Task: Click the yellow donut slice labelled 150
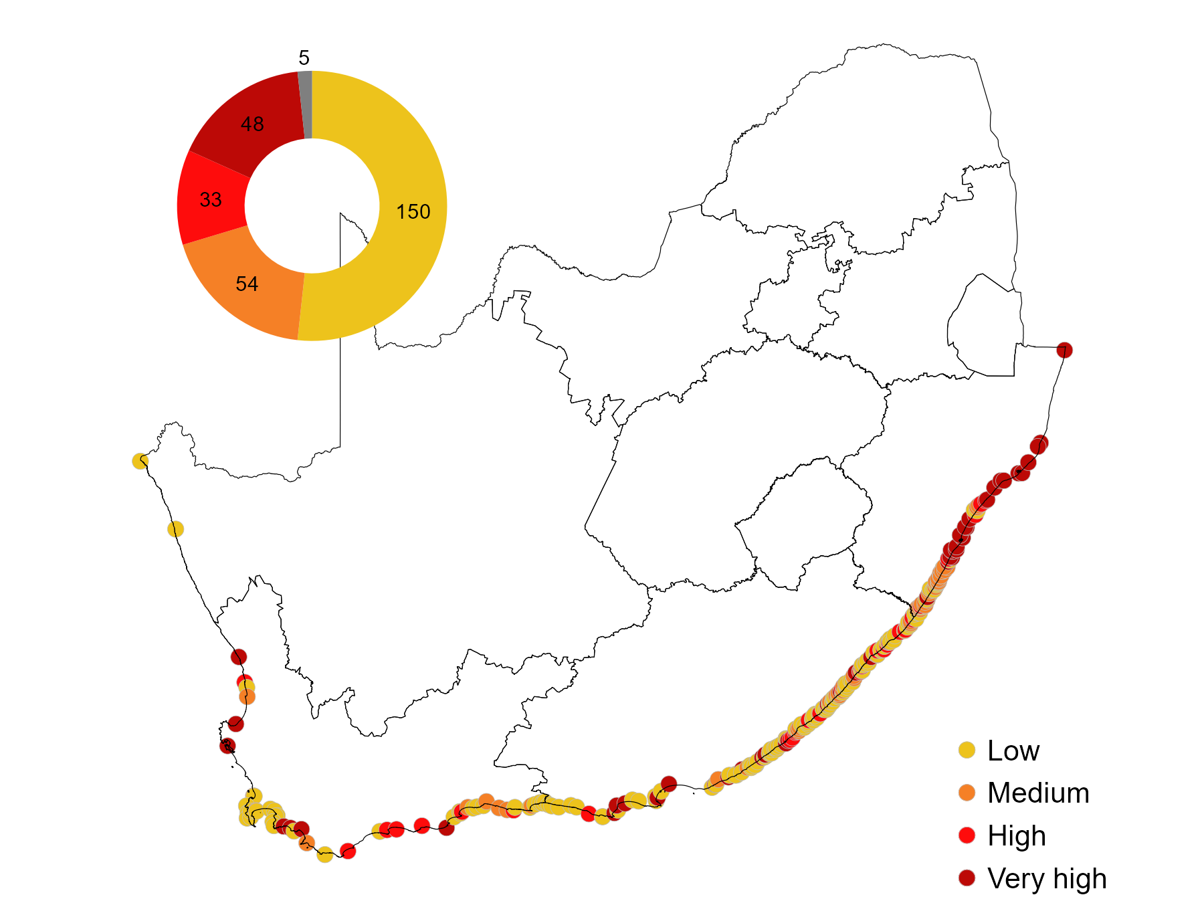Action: coord(401,167)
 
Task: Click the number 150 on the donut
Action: coord(413,212)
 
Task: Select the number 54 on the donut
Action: coord(247,284)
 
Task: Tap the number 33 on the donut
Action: coord(211,200)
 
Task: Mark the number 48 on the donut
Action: coord(252,124)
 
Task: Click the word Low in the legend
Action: coord(1013,751)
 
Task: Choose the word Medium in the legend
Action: coord(1038,793)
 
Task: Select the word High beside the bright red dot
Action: coord(1017,836)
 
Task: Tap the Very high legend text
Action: coord(1047,878)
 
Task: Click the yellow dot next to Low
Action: coord(967,750)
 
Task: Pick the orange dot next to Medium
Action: coord(967,793)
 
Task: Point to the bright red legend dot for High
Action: coord(967,835)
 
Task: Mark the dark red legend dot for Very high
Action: coord(967,878)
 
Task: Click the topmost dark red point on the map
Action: coord(1064,350)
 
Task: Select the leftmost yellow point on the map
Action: coord(140,461)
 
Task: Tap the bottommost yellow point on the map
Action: coord(324,854)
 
